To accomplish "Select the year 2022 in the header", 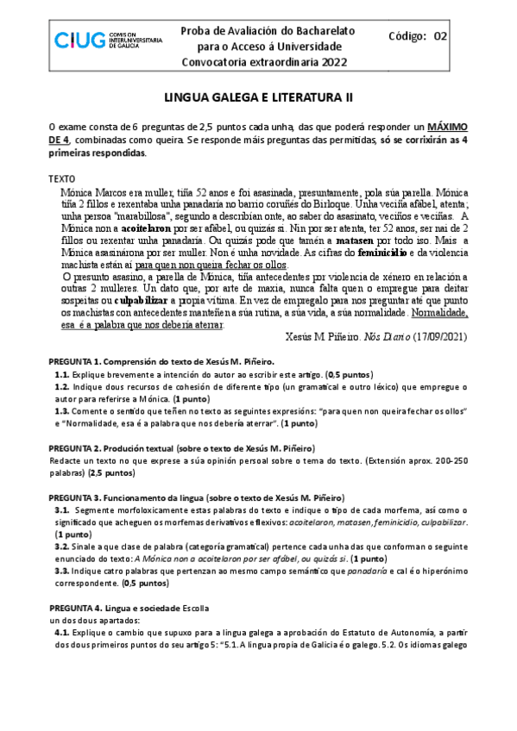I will click(321, 62).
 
